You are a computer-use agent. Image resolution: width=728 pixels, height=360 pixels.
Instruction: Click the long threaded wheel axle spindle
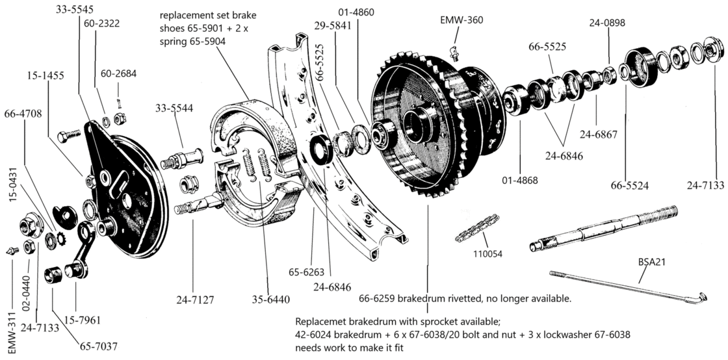604,227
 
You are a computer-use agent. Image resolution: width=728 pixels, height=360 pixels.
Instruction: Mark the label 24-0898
608,23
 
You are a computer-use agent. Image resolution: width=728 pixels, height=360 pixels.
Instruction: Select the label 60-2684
119,73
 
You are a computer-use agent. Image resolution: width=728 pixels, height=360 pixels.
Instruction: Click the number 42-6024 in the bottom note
316,335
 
